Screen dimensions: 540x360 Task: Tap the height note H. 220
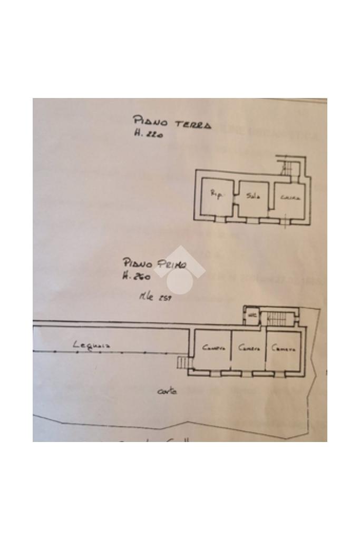tap(149, 135)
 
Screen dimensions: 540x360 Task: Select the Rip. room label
tap(217, 194)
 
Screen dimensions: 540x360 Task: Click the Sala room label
tap(253, 195)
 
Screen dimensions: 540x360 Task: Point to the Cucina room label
tap(290, 198)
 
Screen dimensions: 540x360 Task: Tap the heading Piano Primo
tap(154, 263)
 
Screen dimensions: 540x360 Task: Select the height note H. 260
tap(137, 276)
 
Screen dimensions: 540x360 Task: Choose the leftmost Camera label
tap(214, 348)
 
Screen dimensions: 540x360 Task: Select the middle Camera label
tap(249, 348)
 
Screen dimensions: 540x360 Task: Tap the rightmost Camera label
tap(284, 348)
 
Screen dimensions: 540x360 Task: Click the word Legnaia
tap(92, 346)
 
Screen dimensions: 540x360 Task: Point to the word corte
tap(167, 391)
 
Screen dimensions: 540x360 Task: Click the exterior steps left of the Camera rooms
tap(182, 363)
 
